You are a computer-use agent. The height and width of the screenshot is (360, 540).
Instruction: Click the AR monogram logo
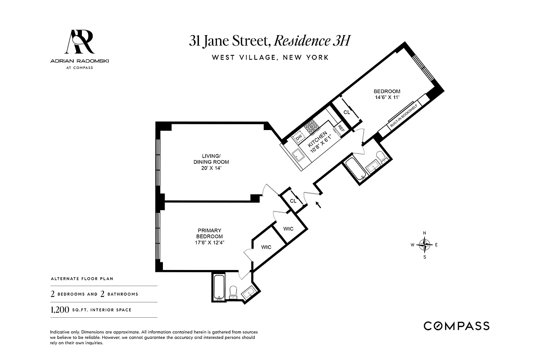point(80,42)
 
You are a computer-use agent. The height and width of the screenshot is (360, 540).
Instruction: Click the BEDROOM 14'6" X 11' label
point(387,94)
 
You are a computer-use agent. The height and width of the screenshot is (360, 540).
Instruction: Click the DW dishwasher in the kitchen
point(298,136)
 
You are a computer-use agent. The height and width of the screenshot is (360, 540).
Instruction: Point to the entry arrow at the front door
point(319,206)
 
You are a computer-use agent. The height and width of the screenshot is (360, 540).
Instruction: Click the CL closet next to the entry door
point(293,201)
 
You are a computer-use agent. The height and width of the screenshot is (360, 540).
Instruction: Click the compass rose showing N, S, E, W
point(425,245)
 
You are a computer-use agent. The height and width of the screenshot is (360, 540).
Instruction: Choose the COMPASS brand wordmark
point(456,326)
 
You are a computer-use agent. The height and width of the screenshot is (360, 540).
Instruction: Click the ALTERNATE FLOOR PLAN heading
point(76,279)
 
